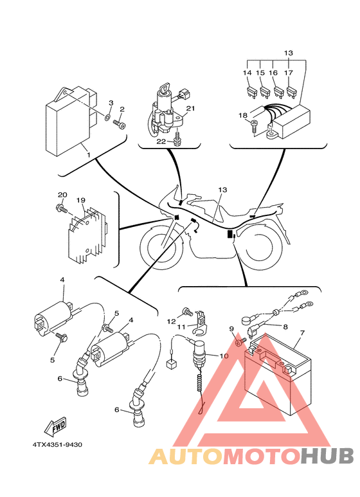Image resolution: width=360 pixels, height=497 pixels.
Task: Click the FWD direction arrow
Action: tap(55, 426)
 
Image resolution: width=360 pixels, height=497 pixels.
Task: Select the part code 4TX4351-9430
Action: tap(57, 445)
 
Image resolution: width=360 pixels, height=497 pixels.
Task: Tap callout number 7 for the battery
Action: tap(302, 333)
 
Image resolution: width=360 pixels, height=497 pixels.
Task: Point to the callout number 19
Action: tap(81, 200)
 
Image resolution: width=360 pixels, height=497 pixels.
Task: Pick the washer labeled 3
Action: tap(108, 118)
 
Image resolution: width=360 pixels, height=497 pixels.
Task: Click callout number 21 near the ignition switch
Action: tap(190, 109)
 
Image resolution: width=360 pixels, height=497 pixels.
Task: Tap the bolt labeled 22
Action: tap(178, 138)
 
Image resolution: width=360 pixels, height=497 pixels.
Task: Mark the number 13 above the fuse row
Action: tap(289, 53)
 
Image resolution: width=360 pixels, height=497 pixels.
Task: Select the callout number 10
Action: tap(224, 356)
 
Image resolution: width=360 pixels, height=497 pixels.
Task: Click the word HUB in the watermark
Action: tap(327, 456)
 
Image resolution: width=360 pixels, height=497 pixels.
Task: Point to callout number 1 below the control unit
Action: tap(89, 156)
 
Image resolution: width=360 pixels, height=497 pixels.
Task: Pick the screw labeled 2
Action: tap(119, 123)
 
